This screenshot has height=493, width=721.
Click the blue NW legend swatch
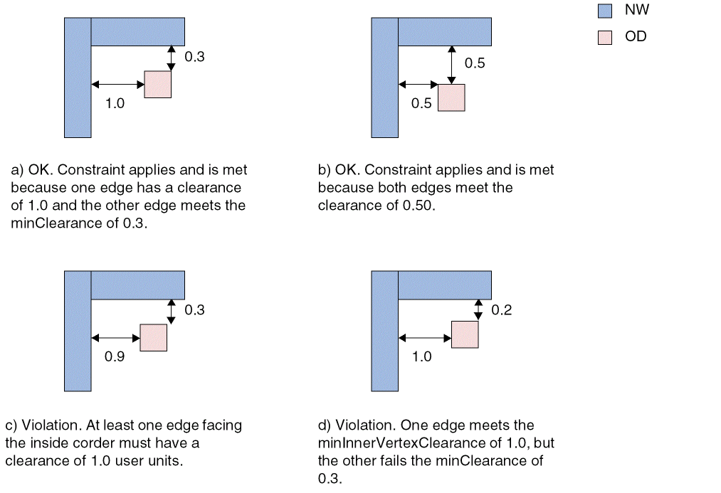tap(605, 11)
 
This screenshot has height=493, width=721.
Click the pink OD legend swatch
tap(605, 38)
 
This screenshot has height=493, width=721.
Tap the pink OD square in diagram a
tap(158, 84)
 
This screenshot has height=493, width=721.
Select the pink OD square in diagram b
tap(451, 97)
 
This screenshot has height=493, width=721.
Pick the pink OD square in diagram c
tap(153, 337)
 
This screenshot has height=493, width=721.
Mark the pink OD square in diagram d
tap(465, 334)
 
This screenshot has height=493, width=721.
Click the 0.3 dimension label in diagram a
tap(194, 57)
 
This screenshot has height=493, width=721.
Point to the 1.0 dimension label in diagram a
tap(115, 103)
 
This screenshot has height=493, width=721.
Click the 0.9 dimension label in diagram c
tap(115, 357)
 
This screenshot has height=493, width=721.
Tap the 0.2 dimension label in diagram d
tap(502, 310)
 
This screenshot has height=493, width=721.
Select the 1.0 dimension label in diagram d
tap(422, 356)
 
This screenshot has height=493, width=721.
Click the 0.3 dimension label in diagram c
tap(194, 310)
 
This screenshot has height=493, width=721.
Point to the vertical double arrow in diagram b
tap(451, 64)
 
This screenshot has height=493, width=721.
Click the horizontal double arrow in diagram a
tap(117, 84)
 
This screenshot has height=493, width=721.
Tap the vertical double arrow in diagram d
tap(478, 309)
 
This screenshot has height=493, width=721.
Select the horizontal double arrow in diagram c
tap(115, 337)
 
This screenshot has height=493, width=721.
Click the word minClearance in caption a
tap(51, 223)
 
